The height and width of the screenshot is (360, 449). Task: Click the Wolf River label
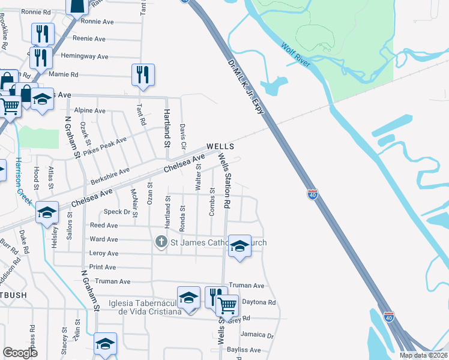tap(296, 53)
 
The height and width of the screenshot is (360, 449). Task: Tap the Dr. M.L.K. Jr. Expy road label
tap(246, 91)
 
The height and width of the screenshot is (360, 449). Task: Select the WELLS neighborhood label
tap(219, 146)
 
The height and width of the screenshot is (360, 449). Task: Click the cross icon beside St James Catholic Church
tap(161, 242)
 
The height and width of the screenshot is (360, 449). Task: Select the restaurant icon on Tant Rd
tap(143, 74)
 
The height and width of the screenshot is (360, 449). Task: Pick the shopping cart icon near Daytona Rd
tap(228, 305)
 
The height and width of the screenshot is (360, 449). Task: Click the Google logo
tap(20, 353)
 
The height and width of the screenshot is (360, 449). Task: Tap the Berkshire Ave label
tap(110, 175)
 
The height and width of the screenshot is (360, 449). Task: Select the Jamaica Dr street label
tap(257, 335)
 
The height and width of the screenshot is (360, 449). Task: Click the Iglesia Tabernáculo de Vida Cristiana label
tap(145, 307)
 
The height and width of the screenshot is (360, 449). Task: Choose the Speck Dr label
tap(117, 212)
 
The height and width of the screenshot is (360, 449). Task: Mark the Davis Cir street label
tap(183, 137)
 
